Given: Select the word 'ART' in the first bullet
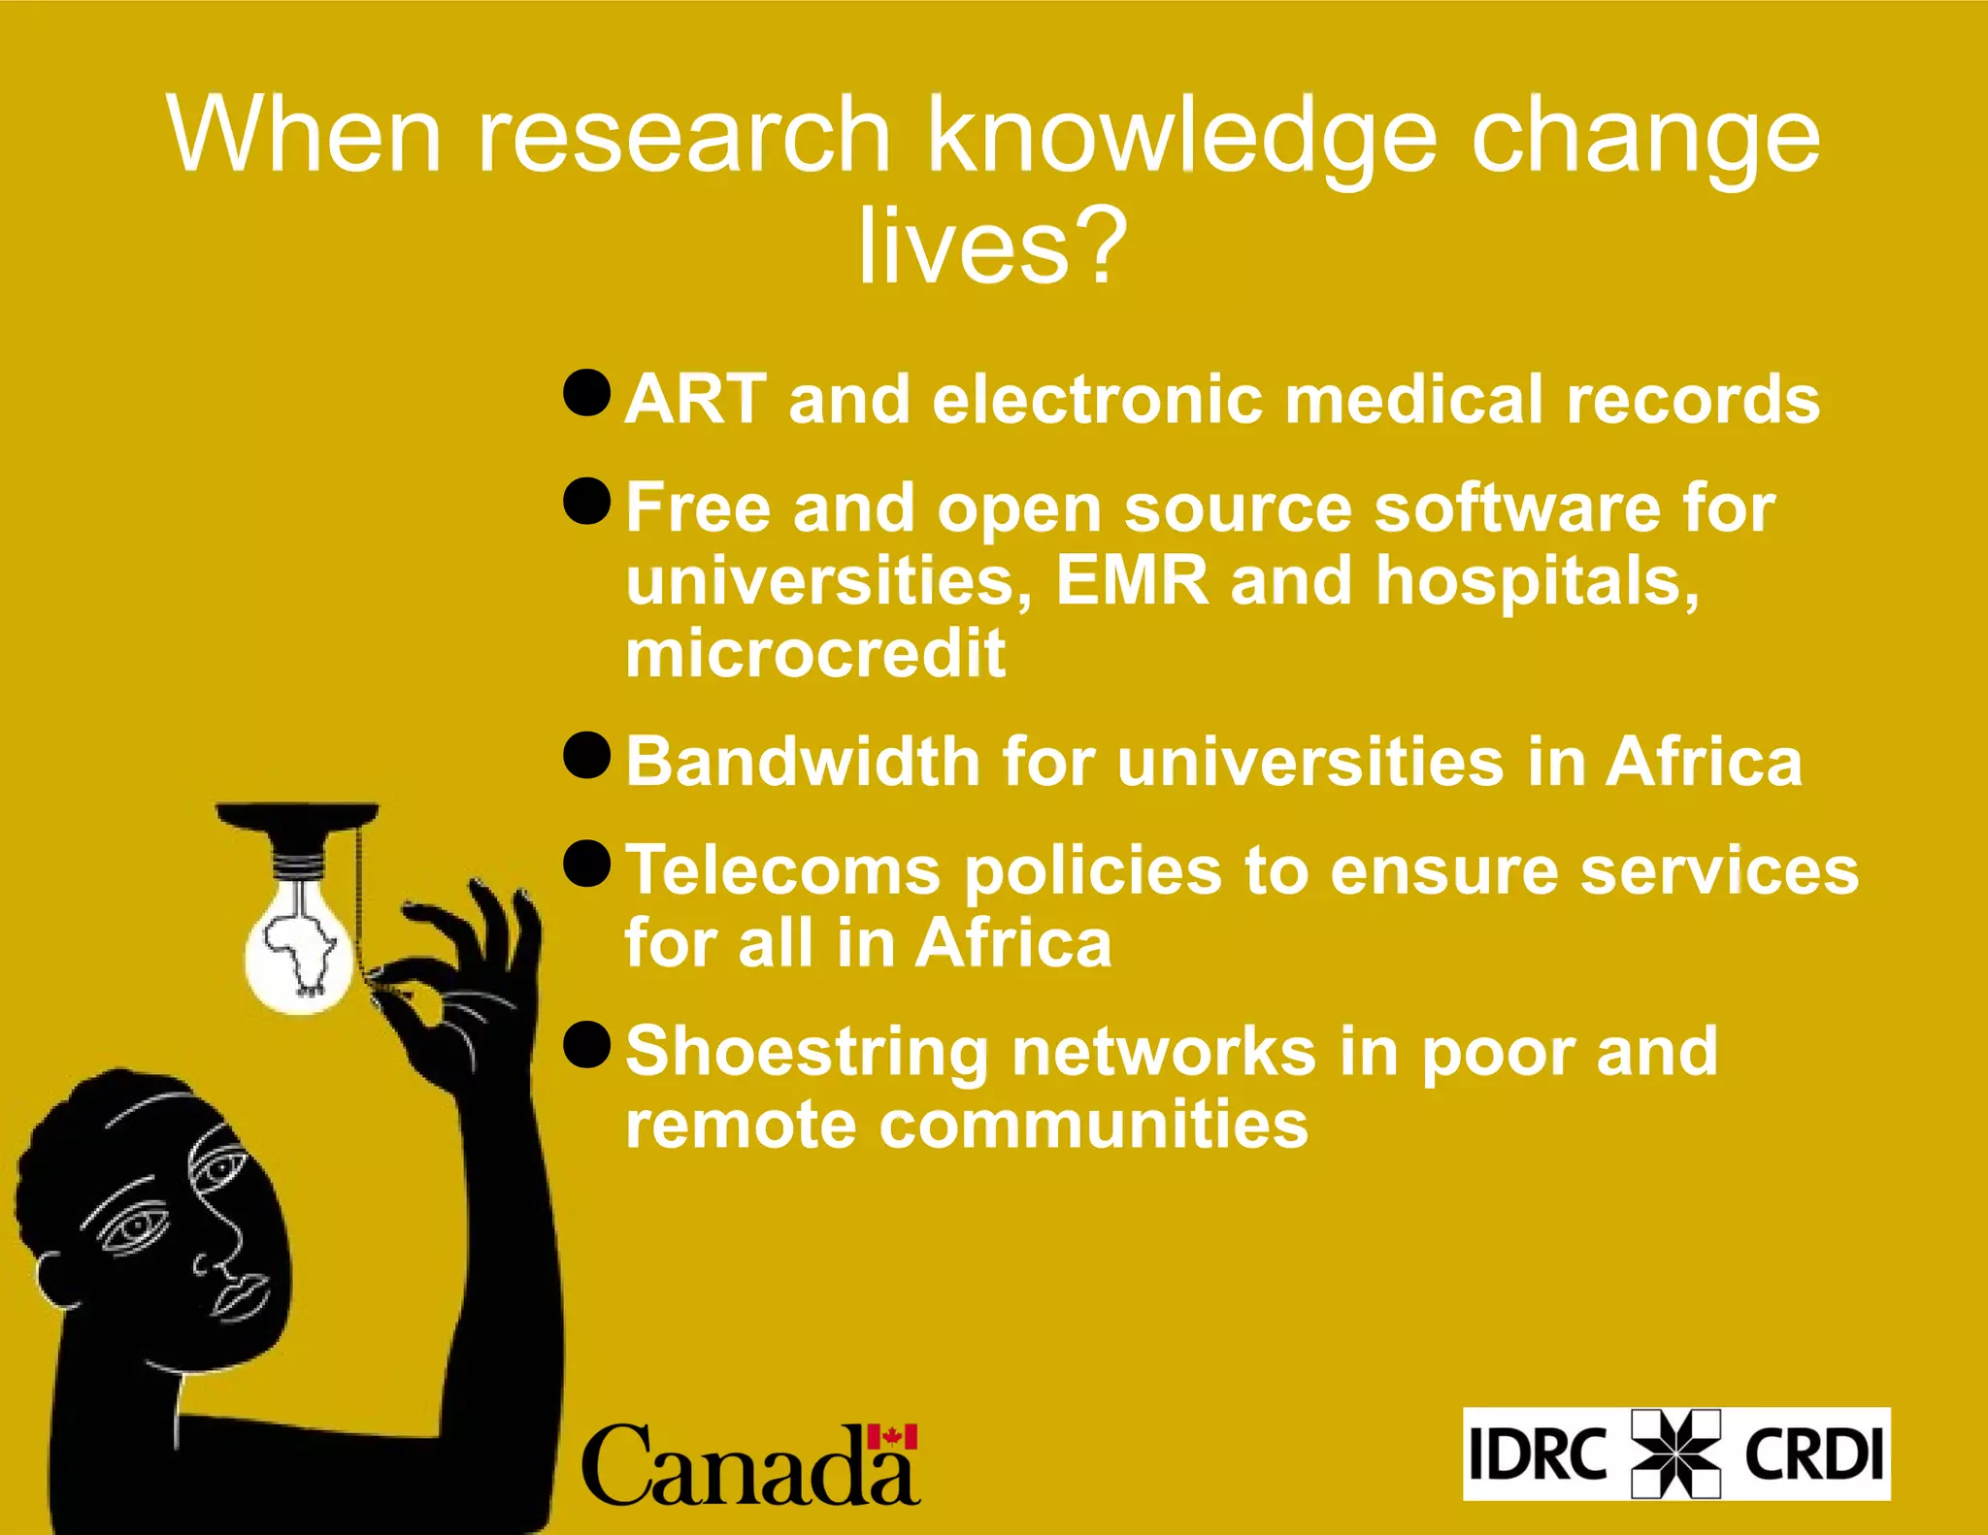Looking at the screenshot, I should tap(695, 399).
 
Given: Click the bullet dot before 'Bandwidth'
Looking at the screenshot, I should tap(586, 756).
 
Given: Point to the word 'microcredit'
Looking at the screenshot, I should tap(815, 653).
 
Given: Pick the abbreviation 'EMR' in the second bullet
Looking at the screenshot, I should tap(1132, 580).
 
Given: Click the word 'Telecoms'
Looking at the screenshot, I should tap(782, 870).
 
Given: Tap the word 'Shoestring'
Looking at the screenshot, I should tap(807, 1052).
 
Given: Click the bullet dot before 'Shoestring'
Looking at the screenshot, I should tap(586, 1045).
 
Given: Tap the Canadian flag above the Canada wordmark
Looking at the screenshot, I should tap(892, 1436).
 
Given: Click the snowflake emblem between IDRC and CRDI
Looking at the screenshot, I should tap(1675, 1453).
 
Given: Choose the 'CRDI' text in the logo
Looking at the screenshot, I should tap(1813, 1453).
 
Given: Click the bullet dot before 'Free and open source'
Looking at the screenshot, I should tap(586, 502).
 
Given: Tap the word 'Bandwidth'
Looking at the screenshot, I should tap(802, 762).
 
